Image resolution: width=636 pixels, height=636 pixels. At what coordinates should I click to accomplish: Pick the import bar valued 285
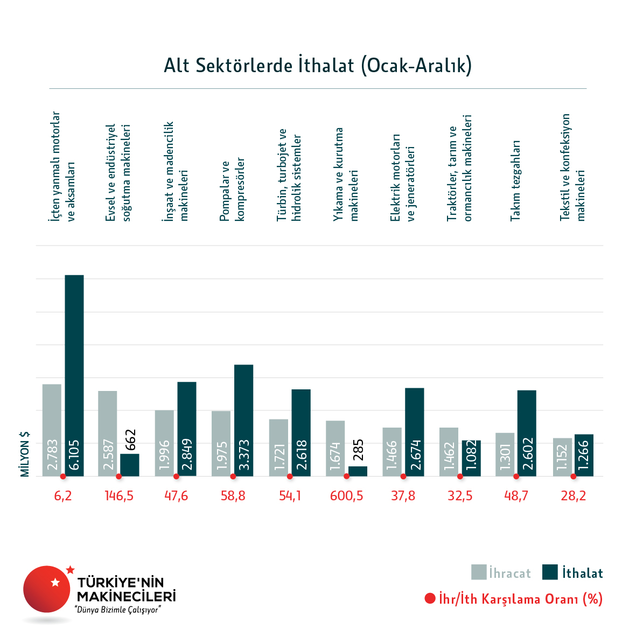358,471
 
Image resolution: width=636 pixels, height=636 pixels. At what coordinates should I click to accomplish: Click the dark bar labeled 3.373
243,420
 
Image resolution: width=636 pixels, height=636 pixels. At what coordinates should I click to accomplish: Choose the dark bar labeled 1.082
471,458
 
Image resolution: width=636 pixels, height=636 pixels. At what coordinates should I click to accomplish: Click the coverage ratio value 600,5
346,496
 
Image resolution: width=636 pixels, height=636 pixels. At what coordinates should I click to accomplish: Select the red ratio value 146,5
119,496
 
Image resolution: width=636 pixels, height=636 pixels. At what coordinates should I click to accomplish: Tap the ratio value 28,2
573,496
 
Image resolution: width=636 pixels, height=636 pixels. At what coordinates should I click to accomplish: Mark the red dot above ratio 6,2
63,477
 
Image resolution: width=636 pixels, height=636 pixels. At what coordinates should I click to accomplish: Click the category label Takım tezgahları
516,180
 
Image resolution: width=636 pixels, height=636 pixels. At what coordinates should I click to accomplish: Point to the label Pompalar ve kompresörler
232,189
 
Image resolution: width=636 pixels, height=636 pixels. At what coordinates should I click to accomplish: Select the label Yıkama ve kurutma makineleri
346,174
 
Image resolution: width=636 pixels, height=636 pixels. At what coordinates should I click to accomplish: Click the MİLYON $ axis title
25,454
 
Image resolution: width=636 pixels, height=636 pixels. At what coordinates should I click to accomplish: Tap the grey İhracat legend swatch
479,572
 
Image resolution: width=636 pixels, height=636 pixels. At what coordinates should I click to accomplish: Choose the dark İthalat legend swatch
550,572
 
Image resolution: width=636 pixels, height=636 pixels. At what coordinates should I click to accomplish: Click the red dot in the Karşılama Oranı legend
430,598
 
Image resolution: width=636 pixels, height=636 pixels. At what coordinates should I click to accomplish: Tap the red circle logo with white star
47,589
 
